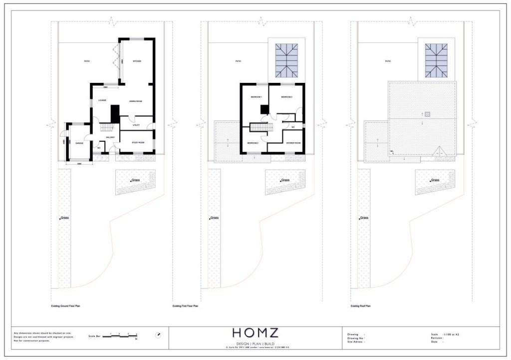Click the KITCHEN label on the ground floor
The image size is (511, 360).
pos(137,61)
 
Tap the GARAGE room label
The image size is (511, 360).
pos(79,143)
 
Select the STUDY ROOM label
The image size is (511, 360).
pos(138,143)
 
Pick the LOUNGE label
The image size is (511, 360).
pos(102,100)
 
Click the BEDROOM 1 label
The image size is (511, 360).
pos(256,97)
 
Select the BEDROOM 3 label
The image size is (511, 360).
pos(286,97)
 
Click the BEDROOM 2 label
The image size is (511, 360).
pos(253,143)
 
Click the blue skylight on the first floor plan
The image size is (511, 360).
pos(286,60)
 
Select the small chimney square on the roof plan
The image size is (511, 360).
pos(427,113)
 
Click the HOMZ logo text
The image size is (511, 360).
pos(255,334)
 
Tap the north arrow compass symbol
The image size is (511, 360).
pos(158,335)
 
